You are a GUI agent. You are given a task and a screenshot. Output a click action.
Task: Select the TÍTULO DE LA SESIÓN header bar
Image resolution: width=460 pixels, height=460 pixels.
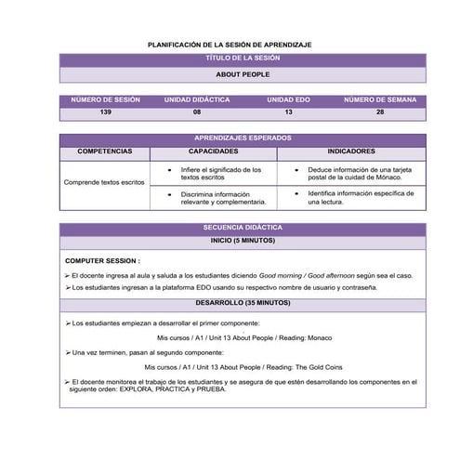pos(242,58)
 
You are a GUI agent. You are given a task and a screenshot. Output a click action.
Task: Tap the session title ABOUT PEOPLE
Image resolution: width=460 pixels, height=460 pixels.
pos(242,73)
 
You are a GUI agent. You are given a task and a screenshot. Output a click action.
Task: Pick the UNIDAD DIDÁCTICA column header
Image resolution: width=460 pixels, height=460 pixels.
pos(197,99)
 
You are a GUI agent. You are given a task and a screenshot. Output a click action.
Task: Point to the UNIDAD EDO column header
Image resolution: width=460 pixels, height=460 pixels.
pos(288,99)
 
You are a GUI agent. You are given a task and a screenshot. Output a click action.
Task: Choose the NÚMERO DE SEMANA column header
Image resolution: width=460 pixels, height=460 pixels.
pos(380,99)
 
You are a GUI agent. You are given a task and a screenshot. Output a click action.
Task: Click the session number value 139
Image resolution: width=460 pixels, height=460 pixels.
pos(105,112)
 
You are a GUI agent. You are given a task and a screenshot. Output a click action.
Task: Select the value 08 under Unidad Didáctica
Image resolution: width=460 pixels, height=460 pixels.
pos(197,112)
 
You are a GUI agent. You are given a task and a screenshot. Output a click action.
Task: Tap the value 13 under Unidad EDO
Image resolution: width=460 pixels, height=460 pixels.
pos(288,112)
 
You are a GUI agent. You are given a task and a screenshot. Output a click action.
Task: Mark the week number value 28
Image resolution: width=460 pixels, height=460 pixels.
pos(380,112)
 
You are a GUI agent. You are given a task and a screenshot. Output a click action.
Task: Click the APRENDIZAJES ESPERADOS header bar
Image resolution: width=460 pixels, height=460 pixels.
pos(242,138)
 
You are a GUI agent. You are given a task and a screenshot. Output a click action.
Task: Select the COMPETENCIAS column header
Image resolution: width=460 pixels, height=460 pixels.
pos(105,151)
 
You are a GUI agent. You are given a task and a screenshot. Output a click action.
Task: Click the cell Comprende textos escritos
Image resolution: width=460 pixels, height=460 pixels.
pos(105,182)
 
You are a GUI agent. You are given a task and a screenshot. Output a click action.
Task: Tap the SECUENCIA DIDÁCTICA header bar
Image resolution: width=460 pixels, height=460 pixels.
pos(242,228)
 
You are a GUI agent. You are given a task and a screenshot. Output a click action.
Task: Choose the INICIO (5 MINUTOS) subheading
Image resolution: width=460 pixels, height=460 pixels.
pos(242,241)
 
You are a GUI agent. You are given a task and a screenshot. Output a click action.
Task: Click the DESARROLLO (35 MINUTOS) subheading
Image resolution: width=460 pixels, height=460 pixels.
pos(242,303)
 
